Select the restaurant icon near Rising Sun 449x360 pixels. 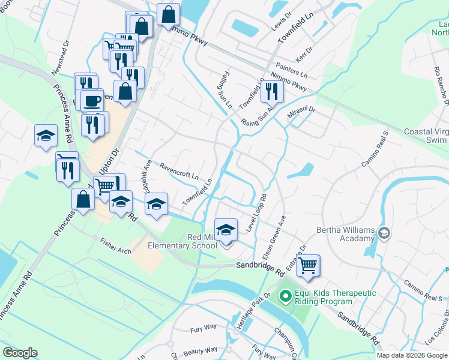(273, 91)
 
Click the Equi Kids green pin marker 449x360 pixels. (285, 296)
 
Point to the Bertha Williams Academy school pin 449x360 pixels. (385, 232)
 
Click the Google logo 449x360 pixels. (20, 353)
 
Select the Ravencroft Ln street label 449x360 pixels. (178, 170)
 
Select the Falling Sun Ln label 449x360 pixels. (224, 90)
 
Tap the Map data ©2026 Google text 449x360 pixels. (412, 355)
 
